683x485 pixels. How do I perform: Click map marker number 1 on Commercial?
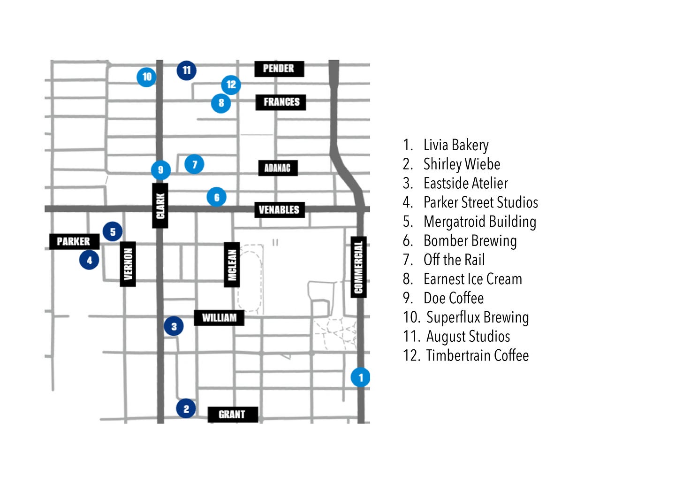pyautogui.click(x=360, y=377)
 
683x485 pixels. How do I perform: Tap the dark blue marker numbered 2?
pyautogui.click(x=186, y=408)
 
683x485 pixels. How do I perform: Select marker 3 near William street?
pyautogui.click(x=174, y=326)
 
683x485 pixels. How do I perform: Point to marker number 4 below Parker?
pyautogui.click(x=89, y=260)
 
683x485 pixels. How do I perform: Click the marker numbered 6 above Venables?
pyautogui.click(x=216, y=197)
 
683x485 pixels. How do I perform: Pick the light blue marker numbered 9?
pyautogui.click(x=160, y=170)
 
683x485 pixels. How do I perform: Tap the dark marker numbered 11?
pyautogui.click(x=186, y=70)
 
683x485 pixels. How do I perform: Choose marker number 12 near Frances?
pyautogui.click(x=231, y=85)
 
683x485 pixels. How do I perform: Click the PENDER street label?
pyautogui.click(x=279, y=69)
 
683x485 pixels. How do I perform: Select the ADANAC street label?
pyautogui.click(x=278, y=168)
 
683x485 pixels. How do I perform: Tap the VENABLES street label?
pyautogui.click(x=279, y=209)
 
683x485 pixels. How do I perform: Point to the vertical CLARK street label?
pyautogui.click(x=160, y=206)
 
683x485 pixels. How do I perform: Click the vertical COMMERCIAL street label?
pyautogui.click(x=359, y=267)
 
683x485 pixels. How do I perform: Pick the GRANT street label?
pyautogui.click(x=232, y=414)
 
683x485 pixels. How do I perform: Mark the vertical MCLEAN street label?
pyautogui.click(x=232, y=265)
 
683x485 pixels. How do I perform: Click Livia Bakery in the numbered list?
pyautogui.click(x=455, y=145)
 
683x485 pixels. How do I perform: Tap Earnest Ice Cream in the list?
pyautogui.click(x=472, y=279)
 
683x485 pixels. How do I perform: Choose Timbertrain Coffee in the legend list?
pyautogui.click(x=477, y=355)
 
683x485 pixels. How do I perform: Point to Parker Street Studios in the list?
pyautogui.click(x=480, y=202)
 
